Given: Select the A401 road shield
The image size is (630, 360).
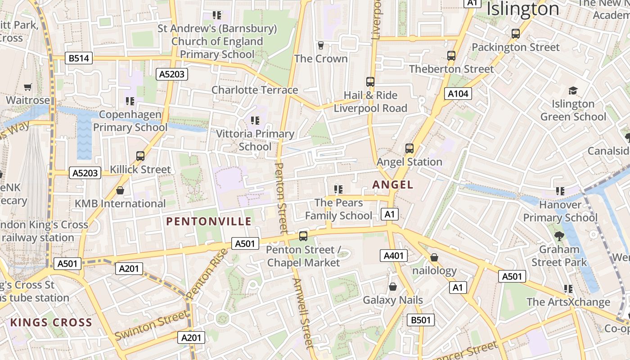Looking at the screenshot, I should pos(393,256).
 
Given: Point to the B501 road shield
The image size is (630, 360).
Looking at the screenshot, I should pos(421,320).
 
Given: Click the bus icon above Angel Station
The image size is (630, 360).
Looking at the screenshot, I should pos(409,148).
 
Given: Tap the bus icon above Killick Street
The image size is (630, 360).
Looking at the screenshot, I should pos(140,156).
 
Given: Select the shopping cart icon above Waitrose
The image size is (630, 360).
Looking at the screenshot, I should pos(28,86).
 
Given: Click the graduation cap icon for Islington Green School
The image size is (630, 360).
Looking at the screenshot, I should pos(573,90).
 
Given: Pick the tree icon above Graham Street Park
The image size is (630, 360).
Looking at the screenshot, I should pos(559,236).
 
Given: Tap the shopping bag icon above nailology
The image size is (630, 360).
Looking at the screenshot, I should pos(434,257).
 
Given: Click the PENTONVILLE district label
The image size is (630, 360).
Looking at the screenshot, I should pos(209,221).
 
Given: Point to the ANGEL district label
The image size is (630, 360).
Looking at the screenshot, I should pos(393,184).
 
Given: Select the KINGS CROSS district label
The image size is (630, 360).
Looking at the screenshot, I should pos(51,323).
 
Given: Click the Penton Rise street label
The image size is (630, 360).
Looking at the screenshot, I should pos(208,274).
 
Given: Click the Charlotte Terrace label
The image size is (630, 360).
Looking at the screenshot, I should pos(255,90).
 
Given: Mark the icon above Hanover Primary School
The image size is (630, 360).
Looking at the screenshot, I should pos(560,191).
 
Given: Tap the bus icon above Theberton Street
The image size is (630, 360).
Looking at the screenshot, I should pos(451,56).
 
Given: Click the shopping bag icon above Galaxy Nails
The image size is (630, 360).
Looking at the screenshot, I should pos(393,287).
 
